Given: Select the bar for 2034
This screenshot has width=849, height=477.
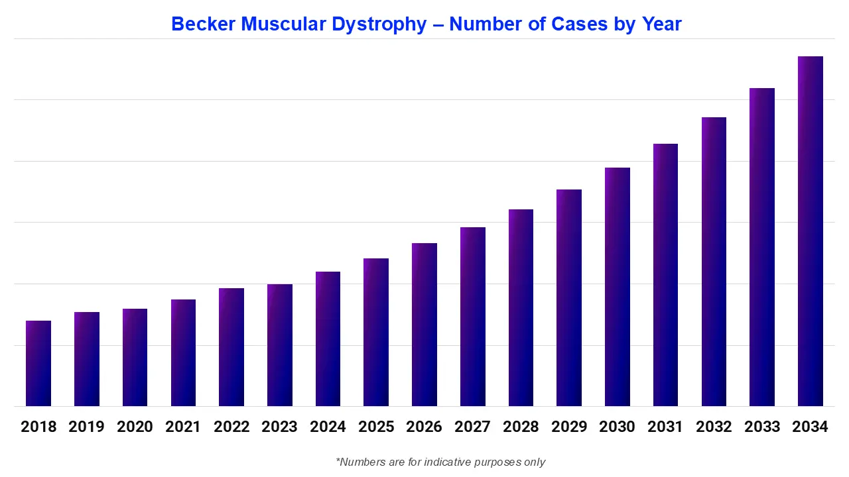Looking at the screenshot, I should pyautogui.click(x=810, y=231).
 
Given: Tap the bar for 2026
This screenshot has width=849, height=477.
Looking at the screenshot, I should pyautogui.click(x=424, y=325).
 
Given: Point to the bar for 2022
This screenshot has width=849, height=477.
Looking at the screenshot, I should pyautogui.click(x=231, y=347).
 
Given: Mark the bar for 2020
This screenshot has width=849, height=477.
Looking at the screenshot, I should pyautogui.click(x=135, y=357).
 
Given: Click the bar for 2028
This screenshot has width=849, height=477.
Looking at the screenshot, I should pyautogui.click(x=521, y=307).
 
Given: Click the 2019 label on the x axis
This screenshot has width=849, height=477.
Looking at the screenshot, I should pyautogui.click(x=86, y=427).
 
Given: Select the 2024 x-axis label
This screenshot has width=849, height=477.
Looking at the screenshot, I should pyautogui.click(x=328, y=427).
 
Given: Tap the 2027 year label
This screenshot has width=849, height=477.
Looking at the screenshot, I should pyautogui.click(x=472, y=427).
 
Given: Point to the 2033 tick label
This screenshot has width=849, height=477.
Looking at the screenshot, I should pyautogui.click(x=762, y=427).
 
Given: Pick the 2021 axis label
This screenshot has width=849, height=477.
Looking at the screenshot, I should pyautogui.click(x=183, y=427).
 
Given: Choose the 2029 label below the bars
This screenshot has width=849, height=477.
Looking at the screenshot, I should pyautogui.click(x=569, y=427).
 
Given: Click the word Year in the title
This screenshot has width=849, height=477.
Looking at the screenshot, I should pyautogui.click(x=661, y=25).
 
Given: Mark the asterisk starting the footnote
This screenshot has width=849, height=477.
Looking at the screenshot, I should pyautogui.click(x=338, y=460).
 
